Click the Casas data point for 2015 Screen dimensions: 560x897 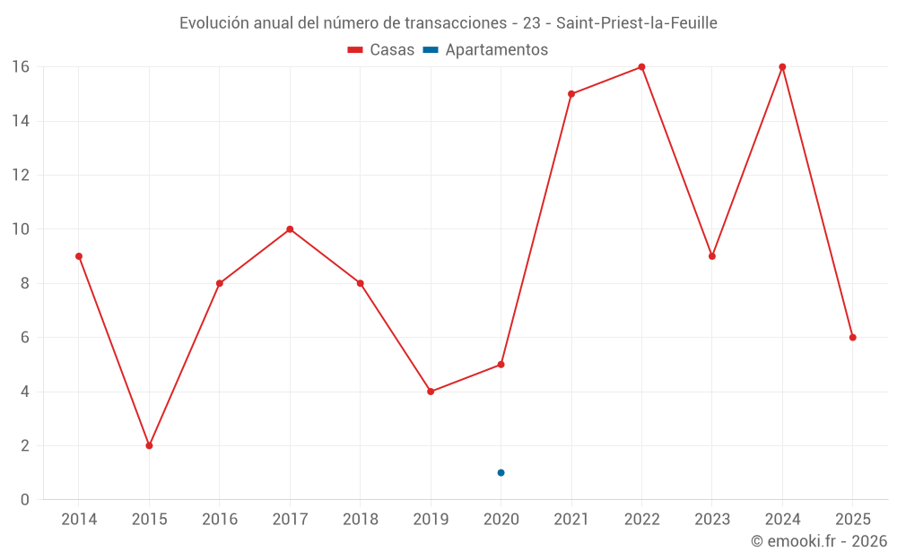point(149,445)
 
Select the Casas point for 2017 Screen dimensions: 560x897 point(290,229)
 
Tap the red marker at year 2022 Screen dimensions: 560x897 point(641,67)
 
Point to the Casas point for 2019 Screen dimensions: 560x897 point(431,392)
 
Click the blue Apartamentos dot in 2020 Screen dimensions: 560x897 point(501,472)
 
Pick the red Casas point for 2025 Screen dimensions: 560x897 point(852,338)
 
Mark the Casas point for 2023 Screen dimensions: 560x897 point(711,256)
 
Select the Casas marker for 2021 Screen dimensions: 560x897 point(571,94)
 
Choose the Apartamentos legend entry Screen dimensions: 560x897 point(495,50)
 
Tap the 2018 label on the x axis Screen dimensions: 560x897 point(360,520)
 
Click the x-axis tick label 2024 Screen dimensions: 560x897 point(782,520)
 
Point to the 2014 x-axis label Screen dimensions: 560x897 point(79,520)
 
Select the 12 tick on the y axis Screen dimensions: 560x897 point(21,176)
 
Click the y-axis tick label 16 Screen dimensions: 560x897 point(21,67)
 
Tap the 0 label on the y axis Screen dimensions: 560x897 point(25,500)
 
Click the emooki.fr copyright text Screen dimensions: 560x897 point(819,541)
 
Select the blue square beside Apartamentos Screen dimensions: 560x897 point(431,50)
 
